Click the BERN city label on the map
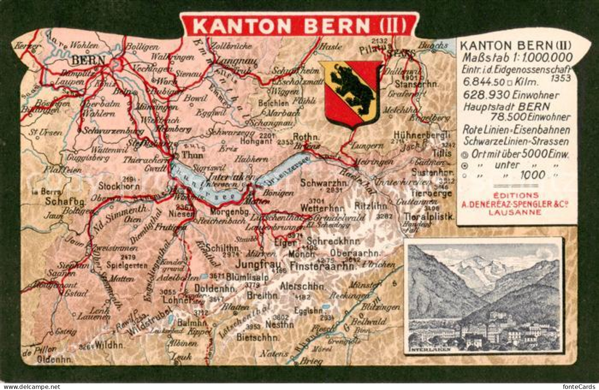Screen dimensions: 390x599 pos(88,60)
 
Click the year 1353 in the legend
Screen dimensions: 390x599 pos(561,78)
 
